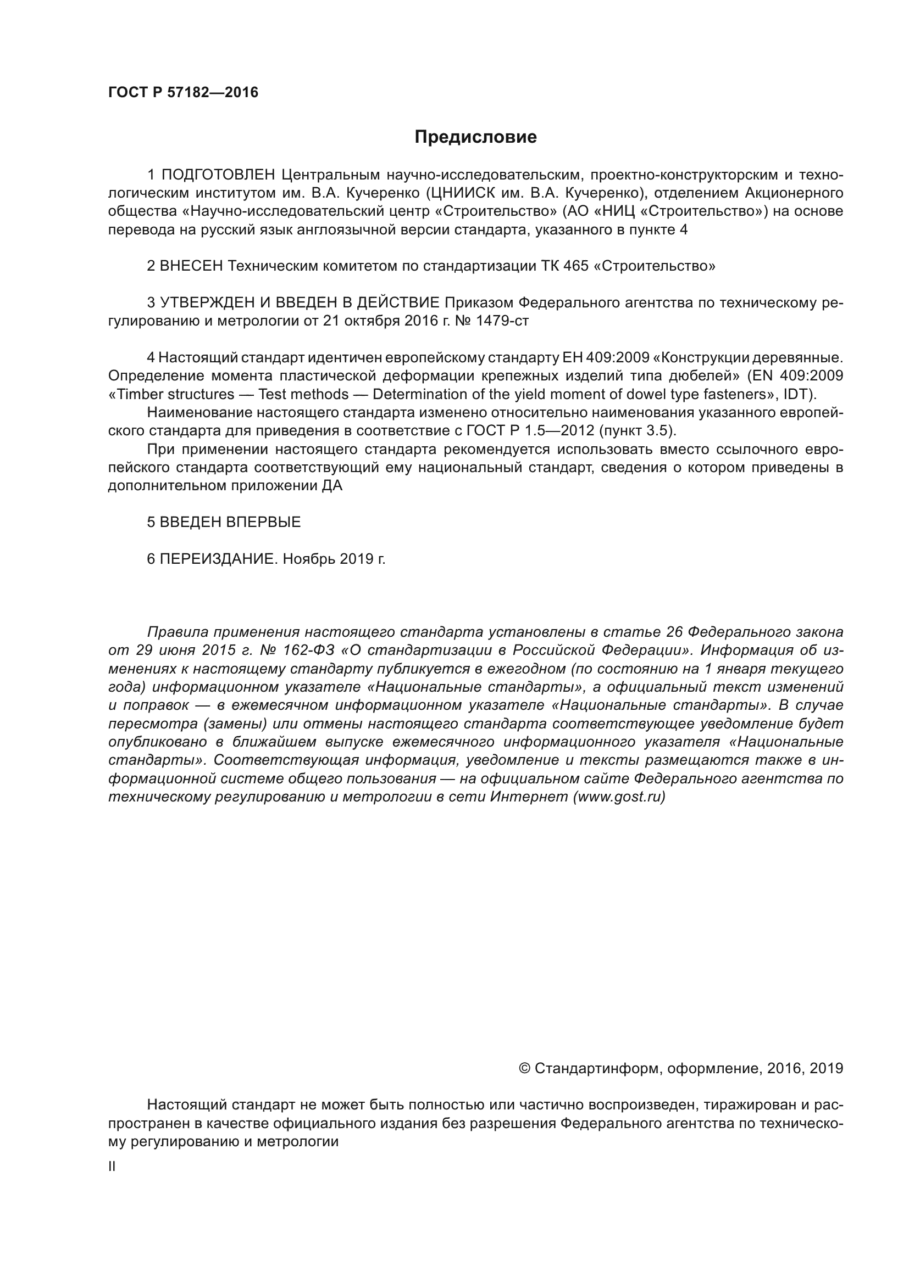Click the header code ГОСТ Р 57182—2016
pyautogui.click(x=183, y=93)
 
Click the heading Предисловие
pyautogui.click(x=475, y=137)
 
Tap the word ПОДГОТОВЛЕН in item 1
pyautogui.click(x=218, y=175)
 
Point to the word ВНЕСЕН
pyautogui.click(x=191, y=266)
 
